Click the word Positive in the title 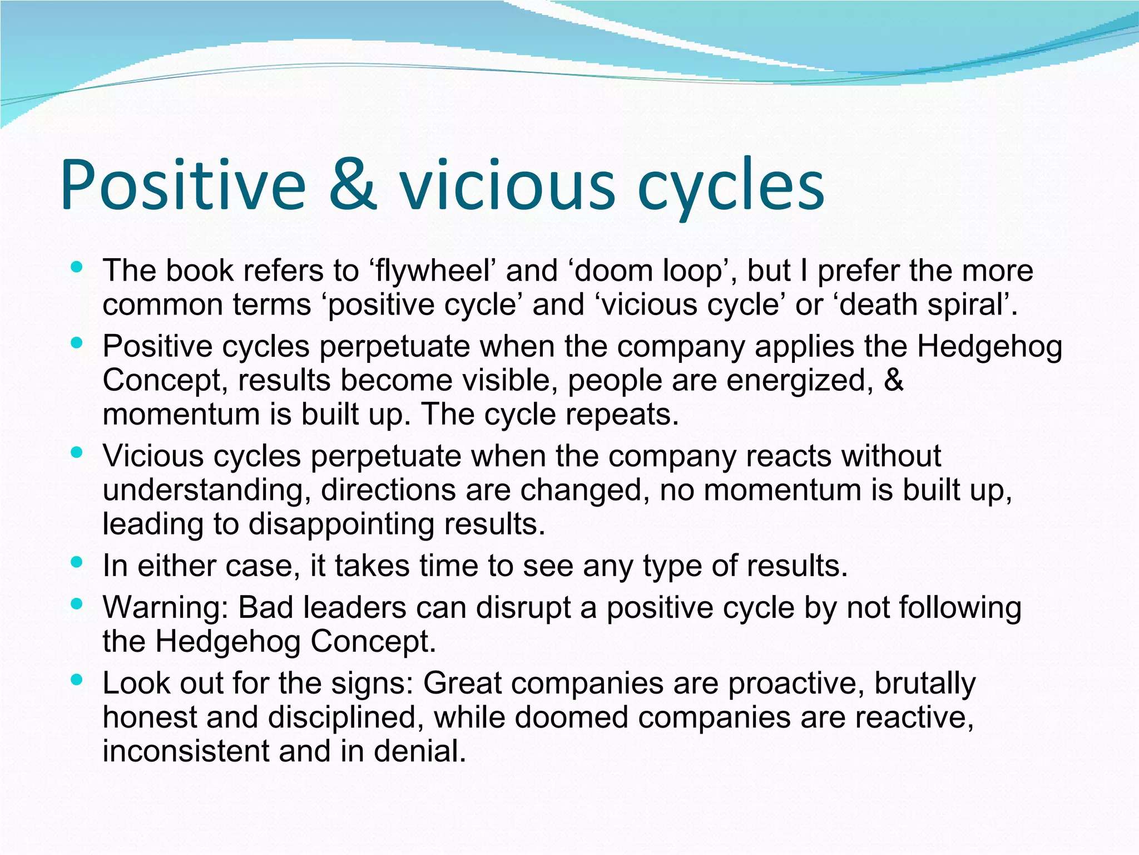pos(184,185)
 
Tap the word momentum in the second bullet pos(181,415)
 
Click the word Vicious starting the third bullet pos(153,456)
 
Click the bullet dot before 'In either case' pos(77,562)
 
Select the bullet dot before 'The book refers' pos(77,267)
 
